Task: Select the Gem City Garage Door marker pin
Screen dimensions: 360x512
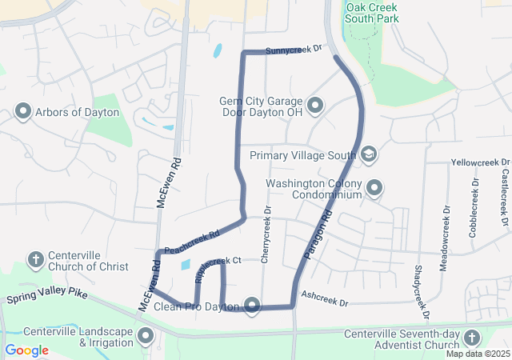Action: pos(315,105)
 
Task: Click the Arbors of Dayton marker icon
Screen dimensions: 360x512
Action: pos(22,112)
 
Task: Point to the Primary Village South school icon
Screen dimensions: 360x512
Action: pos(369,154)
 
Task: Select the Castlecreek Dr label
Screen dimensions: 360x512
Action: pos(505,196)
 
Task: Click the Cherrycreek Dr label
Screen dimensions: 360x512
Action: pos(268,232)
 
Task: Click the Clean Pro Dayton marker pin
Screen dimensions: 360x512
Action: pos(253,305)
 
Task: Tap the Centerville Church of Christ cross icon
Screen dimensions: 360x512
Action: pos(35,259)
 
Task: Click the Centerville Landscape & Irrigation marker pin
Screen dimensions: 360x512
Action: pos(146,336)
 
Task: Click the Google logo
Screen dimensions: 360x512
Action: pos(27,350)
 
